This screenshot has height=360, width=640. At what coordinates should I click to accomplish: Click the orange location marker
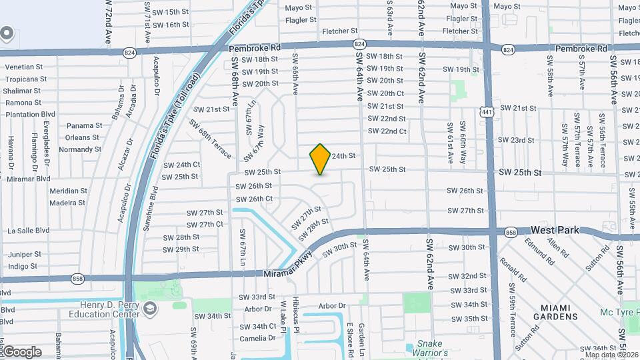320,159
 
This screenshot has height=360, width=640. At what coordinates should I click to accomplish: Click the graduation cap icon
151,308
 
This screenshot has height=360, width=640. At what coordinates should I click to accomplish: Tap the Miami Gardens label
559,312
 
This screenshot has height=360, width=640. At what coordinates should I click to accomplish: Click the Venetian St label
24,67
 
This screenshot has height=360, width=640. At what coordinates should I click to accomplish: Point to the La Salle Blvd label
28,231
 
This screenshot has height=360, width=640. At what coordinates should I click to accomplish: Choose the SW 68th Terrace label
210,139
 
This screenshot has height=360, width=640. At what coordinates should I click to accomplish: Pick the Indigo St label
23,266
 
